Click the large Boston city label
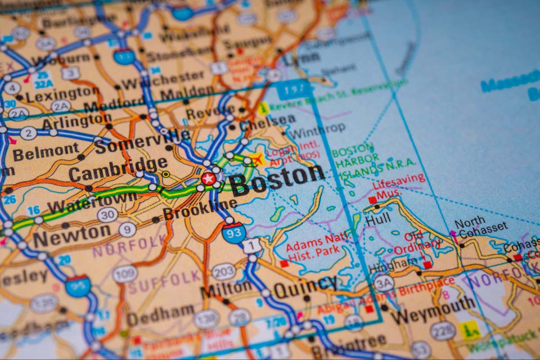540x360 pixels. click(x=277, y=179)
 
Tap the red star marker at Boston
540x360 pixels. click(x=208, y=179)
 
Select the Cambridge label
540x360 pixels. click(x=118, y=169)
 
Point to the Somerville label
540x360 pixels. click(x=142, y=141)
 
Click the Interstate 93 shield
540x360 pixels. click(x=233, y=232)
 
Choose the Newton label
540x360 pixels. click(x=71, y=236)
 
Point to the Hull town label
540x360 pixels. click(x=377, y=219)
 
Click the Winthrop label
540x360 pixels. click(x=316, y=130)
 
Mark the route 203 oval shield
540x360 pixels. click(x=223, y=272)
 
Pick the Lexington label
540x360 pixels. click(x=62, y=94)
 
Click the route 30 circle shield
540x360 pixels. click(x=107, y=215)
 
